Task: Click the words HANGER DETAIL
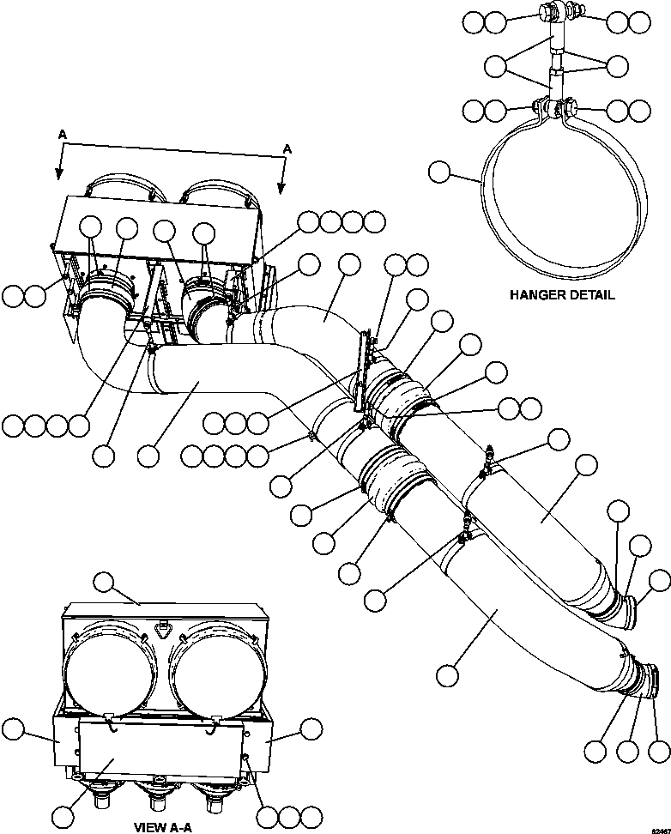562,294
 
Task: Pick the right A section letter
287,148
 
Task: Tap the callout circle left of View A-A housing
12,730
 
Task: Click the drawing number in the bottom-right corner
656,827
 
